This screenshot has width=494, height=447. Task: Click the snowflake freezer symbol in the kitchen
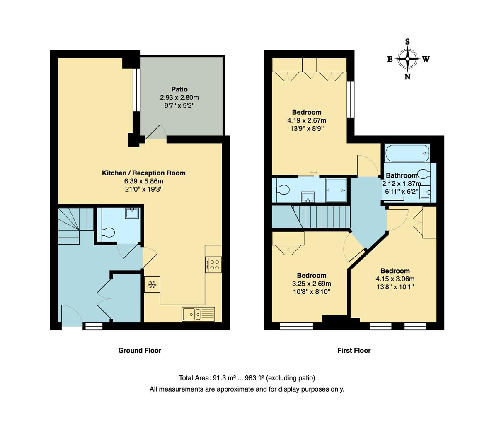pos(152,285)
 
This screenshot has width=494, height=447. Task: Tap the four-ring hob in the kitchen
pos(214,264)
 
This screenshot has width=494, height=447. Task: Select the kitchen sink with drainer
pos(198,314)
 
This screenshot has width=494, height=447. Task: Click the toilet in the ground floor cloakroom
pos(108,233)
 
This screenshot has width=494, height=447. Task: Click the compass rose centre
pos(407,59)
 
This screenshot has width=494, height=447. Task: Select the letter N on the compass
pos(407,77)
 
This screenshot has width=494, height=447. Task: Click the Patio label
pos(179,89)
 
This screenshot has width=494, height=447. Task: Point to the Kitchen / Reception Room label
pos(144,173)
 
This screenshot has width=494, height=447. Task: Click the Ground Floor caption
pos(140,351)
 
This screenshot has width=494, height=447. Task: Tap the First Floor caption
pos(354,351)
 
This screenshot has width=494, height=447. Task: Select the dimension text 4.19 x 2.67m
pos(307,120)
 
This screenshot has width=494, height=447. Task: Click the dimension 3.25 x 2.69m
pos(311,284)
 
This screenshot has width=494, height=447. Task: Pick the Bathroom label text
pos(402,175)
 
